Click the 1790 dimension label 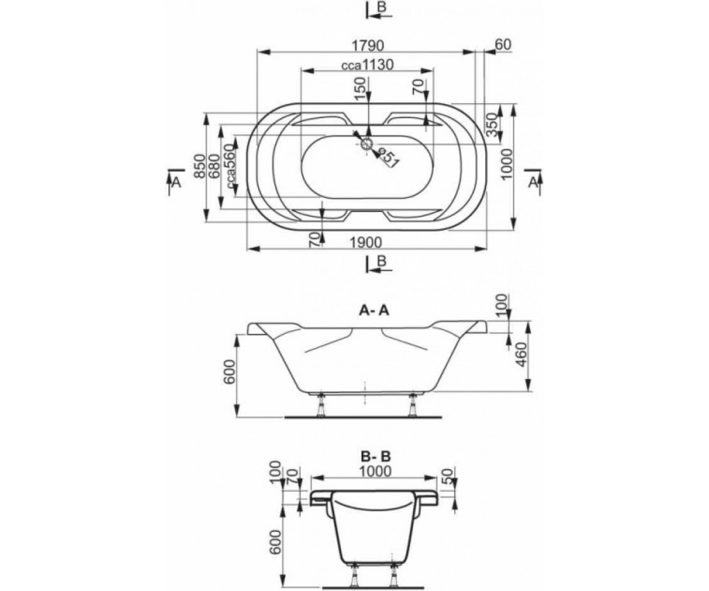point(367,46)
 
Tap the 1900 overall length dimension point(365,242)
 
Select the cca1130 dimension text point(367,65)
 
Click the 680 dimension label point(214,166)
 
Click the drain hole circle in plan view point(367,144)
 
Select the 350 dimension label point(492,124)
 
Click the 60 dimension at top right point(503,44)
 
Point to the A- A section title point(374,310)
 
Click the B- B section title point(376,456)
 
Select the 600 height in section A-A point(230,372)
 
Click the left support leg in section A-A point(321,405)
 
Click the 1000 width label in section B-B point(375,471)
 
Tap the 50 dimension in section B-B point(448,476)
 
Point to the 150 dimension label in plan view point(360,89)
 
